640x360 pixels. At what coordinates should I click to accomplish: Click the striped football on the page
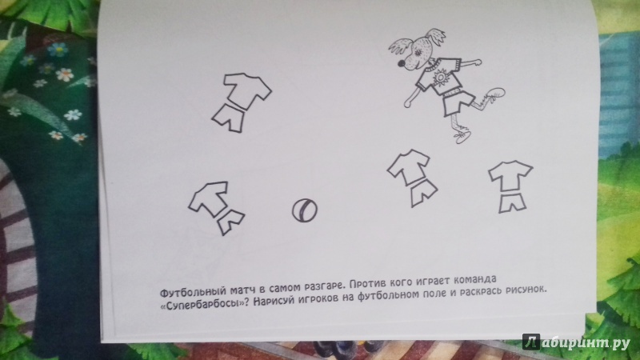(305, 210)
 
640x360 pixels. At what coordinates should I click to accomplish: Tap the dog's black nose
(402, 63)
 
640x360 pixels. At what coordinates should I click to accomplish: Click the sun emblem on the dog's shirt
(441, 77)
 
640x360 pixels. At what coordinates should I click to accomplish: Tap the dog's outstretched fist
(475, 62)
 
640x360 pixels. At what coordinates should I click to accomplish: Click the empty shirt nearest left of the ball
(208, 198)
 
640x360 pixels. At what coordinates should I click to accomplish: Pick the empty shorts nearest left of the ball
(230, 222)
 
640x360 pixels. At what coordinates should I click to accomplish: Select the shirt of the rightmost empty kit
(510, 175)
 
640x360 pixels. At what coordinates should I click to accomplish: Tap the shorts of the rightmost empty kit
(512, 203)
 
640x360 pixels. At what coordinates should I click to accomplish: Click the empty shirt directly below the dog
(409, 166)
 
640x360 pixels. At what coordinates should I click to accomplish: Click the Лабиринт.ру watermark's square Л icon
(531, 342)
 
